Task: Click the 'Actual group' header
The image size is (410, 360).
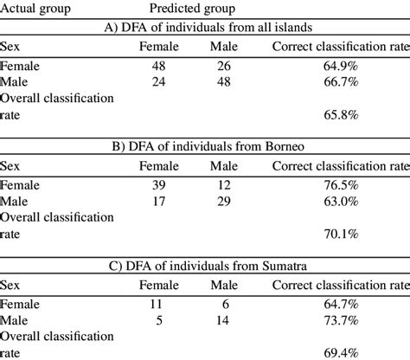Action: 37,10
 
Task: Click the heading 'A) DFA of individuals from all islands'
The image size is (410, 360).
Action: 206,28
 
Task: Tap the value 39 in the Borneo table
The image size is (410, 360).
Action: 162,183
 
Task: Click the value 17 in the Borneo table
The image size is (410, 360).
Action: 162,200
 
